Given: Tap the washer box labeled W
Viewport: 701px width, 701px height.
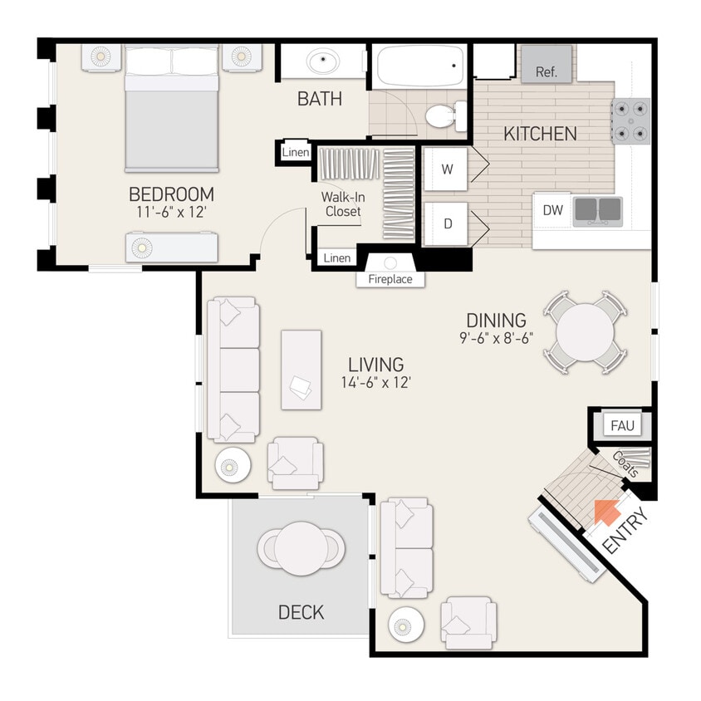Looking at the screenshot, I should point(447,169).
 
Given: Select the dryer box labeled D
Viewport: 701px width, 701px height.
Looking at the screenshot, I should point(447,224).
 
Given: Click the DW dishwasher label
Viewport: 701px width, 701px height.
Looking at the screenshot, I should point(553,211).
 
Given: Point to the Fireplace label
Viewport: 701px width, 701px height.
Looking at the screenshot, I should point(390,279).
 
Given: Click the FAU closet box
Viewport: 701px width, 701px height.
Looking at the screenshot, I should point(622,426).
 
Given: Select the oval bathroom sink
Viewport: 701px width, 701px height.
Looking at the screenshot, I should point(321,61).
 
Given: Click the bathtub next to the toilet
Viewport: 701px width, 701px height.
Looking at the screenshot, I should point(420,66).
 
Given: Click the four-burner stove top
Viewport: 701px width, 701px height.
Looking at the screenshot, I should point(630,120).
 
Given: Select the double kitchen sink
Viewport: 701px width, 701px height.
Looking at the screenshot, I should point(597,210).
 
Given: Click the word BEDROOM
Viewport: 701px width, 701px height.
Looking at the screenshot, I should point(171,194).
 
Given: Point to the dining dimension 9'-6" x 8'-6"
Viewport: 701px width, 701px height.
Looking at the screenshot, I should point(496,339).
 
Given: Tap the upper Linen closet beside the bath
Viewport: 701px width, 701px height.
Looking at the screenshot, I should point(296,153).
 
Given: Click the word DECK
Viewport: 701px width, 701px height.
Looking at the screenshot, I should point(301,613).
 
